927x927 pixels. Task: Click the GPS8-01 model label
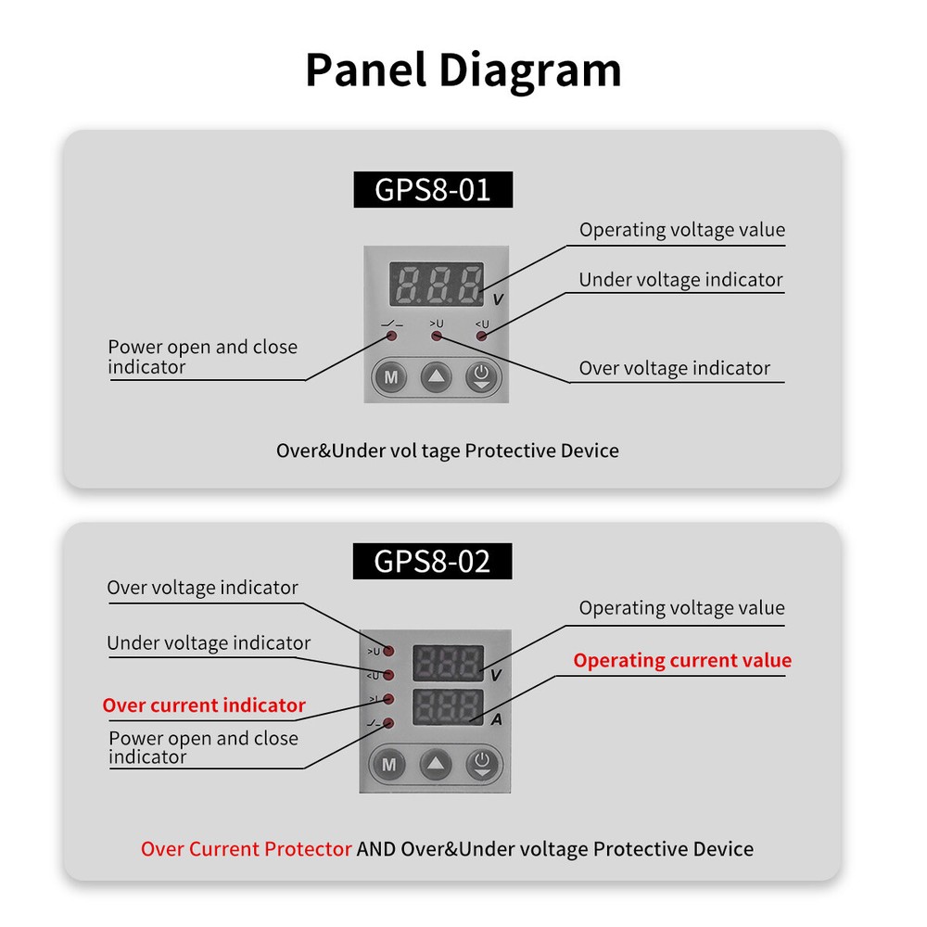432,189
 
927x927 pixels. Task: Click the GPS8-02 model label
432,561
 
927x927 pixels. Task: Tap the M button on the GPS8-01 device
391,377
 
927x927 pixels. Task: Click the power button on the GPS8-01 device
481,377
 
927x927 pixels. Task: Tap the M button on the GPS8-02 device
389,765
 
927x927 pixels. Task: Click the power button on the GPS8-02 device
481,765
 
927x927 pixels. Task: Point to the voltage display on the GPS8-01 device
436,284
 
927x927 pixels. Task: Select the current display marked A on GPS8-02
448,707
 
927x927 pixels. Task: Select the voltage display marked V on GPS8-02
448,663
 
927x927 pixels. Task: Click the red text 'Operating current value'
682,660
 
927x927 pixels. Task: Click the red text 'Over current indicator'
204,705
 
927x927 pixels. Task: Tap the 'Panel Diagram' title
463,70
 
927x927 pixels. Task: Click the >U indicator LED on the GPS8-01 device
436,336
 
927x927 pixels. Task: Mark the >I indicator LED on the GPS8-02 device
389,699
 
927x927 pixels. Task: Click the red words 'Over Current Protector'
247,849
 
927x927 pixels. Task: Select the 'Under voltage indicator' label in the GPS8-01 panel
680,280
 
